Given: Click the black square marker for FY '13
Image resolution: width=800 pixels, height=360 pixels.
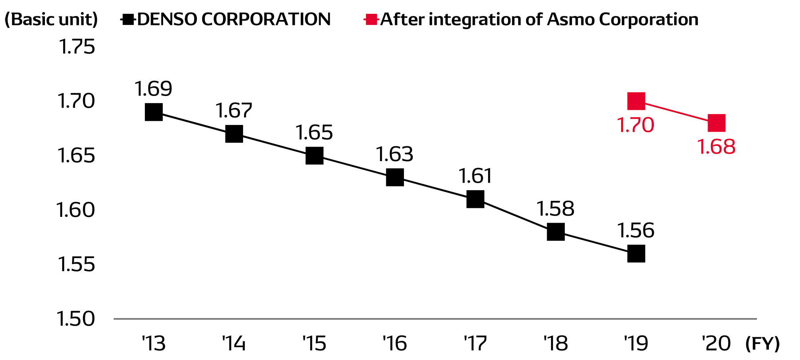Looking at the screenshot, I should pyautogui.click(x=154, y=112).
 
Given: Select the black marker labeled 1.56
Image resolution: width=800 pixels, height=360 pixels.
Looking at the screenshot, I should pyautogui.click(x=636, y=254).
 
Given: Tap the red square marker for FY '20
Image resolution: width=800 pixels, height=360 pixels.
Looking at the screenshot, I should pyautogui.click(x=716, y=123).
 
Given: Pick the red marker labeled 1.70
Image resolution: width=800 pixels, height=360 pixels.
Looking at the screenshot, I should pyautogui.click(x=636, y=101).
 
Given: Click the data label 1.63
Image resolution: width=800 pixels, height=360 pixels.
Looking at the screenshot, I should pyautogui.click(x=395, y=155).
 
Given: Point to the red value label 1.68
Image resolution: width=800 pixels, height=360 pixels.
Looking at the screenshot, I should pyautogui.click(x=716, y=147).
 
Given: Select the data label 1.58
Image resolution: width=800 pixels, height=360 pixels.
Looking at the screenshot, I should pyautogui.click(x=556, y=209).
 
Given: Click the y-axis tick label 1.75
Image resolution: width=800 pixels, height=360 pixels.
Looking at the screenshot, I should pyautogui.click(x=76, y=47).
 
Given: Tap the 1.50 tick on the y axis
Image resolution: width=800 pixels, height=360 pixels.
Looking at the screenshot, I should pyautogui.click(x=76, y=319).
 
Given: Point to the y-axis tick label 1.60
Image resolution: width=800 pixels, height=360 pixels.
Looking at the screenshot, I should pyautogui.click(x=76, y=210).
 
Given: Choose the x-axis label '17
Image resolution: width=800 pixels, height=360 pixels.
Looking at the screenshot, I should pyautogui.click(x=475, y=344).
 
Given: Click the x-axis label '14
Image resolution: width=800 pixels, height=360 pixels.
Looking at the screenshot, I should pyautogui.click(x=234, y=344).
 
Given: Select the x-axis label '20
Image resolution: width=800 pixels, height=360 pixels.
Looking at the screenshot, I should pyautogui.click(x=716, y=344).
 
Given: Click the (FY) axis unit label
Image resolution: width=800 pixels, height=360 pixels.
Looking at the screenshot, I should pyautogui.click(x=762, y=344).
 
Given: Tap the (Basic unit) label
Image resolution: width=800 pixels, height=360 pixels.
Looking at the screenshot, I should pyautogui.click(x=51, y=20).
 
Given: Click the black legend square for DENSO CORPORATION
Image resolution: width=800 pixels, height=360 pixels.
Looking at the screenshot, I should pyautogui.click(x=128, y=20).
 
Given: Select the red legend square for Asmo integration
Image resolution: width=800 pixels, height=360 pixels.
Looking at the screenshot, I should pyautogui.click(x=371, y=20).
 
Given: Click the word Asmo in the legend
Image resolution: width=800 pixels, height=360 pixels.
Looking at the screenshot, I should pyautogui.click(x=571, y=20).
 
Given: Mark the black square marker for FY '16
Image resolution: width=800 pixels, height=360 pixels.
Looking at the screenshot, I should pyautogui.click(x=395, y=177).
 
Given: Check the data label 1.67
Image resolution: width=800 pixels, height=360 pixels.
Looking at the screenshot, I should pyautogui.click(x=234, y=111).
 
